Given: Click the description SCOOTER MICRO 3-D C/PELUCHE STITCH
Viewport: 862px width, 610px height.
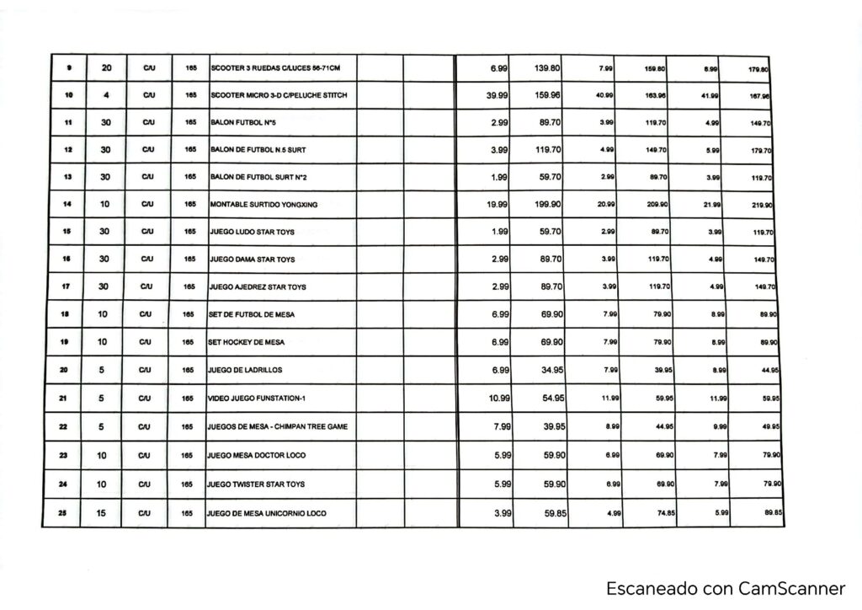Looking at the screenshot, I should [x=278, y=95].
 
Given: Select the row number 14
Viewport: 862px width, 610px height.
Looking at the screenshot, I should [x=67, y=204].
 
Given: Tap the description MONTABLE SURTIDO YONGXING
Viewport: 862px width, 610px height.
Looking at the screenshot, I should [x=263, y=205].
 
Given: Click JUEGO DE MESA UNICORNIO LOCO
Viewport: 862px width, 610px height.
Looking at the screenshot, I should [x=267, y=513].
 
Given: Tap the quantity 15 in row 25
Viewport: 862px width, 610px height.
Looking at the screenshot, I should [x=101, y=512].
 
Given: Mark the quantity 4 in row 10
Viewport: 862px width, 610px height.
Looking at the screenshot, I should [x=106, y=95].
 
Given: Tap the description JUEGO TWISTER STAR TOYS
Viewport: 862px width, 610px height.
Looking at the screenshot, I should [x=257, y=484].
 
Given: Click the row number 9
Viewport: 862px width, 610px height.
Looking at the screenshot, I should [x=67, y=67].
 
